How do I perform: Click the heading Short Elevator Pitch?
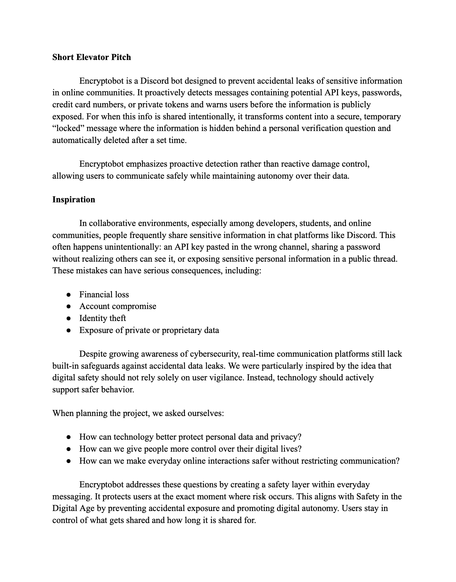pos(92,57)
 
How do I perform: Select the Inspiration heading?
pos(74,200)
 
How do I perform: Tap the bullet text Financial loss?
pos(104,295)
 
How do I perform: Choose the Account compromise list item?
pos(118,306)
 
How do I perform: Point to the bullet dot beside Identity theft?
pos(68,319)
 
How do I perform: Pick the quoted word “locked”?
pos(68,128)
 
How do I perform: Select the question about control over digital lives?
pos(190,449)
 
